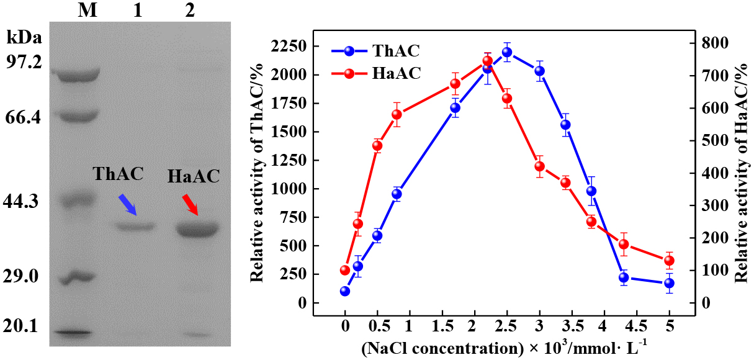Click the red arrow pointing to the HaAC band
[191, 205]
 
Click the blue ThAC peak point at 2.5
[507, 52]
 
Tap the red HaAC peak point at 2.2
[487, 61]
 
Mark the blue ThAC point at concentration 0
[345, 291]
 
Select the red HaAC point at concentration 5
[669, 261]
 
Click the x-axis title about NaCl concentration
[506, 346]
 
